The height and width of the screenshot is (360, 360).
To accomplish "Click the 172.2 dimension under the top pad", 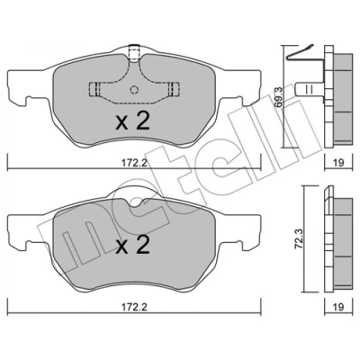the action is click(134, 163).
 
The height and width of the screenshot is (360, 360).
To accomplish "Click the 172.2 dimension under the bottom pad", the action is click(134, 308).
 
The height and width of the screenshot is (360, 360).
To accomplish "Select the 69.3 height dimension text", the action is click(279, 97).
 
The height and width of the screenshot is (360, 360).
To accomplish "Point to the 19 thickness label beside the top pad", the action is click(338, 163).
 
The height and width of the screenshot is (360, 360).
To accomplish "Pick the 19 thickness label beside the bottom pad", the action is click(338, 308).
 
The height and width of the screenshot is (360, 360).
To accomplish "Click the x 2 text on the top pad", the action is click(132, 121).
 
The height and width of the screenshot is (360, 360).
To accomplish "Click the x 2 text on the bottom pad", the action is click(132, 245).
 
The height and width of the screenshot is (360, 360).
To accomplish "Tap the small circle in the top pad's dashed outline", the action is click(134, 89).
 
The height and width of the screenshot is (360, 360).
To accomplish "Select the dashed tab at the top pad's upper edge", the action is click(134, 52).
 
